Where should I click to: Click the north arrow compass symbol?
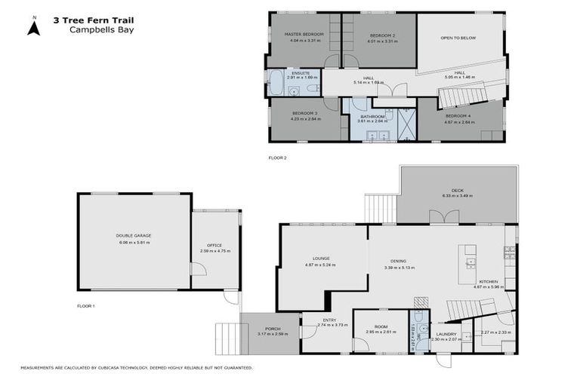33,26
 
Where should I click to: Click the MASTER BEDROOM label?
304,35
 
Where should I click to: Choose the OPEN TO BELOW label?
458,38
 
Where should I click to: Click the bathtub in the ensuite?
276,82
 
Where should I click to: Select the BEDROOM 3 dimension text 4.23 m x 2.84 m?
305,120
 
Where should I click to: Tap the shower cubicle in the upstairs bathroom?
407,124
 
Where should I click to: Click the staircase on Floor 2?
462,96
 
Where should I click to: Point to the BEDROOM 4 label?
459,115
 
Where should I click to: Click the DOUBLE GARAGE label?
134,236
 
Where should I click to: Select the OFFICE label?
215,244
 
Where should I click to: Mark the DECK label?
458,190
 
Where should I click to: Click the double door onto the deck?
443,219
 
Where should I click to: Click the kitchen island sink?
471,263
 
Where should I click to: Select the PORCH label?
268,328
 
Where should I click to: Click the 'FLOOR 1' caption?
86,306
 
